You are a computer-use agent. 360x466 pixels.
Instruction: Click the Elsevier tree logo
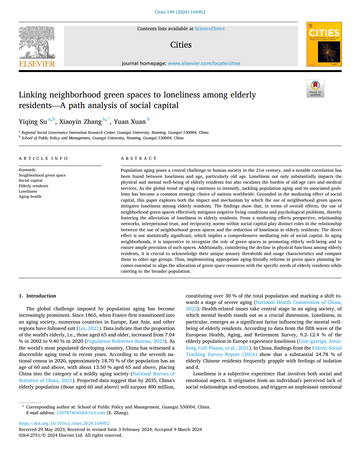click(x=37, y=42)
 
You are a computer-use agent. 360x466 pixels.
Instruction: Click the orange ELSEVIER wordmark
click(x=37, y=64)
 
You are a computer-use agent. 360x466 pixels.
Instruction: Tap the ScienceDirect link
click(x=209, y=29)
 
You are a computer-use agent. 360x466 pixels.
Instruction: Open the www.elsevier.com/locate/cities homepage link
click(x=204, y=63)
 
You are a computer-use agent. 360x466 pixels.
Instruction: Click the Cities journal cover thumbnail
click(x=324, y=44)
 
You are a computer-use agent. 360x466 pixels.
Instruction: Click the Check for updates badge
click(x=315, y=88)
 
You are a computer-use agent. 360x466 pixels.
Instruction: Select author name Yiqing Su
click(x=33, y=122)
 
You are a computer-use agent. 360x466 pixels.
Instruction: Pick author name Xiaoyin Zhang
click(x=80, y=122)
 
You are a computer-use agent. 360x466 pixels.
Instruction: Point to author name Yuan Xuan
click(x=130, y=122)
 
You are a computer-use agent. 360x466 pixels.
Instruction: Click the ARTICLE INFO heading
click(x=43, y=158)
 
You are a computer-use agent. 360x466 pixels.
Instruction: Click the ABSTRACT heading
click(x=139, y=158)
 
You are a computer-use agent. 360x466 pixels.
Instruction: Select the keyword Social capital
click(x=31, y=180)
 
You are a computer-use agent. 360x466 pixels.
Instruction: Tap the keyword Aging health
click(x=30, y=196)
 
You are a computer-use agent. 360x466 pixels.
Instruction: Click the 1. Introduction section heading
click(x=37, y=296)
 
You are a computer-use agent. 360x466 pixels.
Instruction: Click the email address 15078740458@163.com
click(x=81, y=413)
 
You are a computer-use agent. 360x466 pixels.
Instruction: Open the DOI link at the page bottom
click(x=64, y=423)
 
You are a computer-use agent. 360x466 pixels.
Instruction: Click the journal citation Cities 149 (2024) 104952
click(x=180, y=12)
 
